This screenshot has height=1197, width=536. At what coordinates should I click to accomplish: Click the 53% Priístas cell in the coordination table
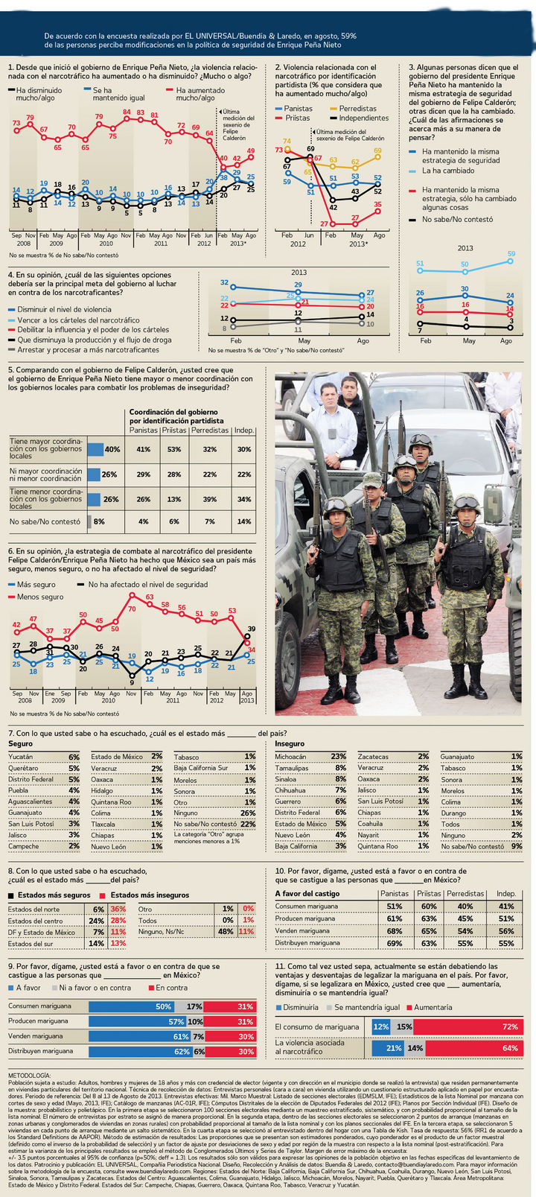pos(174,449)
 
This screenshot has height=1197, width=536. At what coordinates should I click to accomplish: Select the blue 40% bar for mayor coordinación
pos(95,449)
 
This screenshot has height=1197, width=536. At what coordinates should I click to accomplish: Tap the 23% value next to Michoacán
pos(339,756)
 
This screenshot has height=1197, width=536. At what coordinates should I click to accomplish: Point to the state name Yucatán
pos(21,756)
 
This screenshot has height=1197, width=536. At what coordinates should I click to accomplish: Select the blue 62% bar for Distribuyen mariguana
pos(140,1051)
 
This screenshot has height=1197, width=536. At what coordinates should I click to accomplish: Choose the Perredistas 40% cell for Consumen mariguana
pos(465,907)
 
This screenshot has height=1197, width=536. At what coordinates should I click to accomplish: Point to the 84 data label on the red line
pos(127,112)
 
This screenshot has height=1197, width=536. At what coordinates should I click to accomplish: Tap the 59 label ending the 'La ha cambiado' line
pos(511,255)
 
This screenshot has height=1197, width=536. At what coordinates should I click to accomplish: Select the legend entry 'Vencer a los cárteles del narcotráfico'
pos(78,320)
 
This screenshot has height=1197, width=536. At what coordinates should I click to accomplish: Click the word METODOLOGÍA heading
pos(30,1076)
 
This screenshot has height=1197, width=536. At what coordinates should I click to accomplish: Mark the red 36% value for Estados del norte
pos(118,909)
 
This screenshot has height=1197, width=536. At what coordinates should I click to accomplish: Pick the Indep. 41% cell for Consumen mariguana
pos(506,907)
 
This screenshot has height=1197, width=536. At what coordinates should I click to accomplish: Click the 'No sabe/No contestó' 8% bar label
pos(98,521)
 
